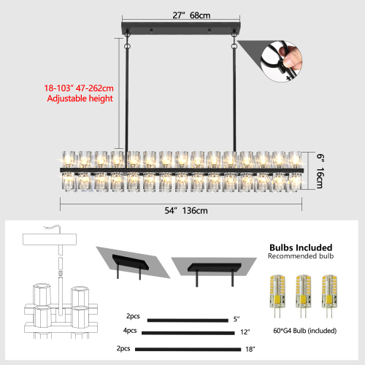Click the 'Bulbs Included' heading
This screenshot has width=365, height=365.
click(300, 247)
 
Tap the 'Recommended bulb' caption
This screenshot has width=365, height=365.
click(300, 257)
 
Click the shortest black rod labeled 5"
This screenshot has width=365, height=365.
click(187, 319)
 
